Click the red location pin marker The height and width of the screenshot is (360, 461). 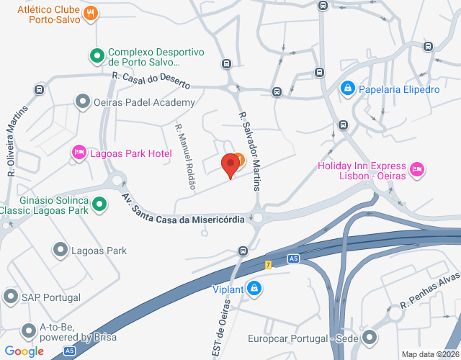230,166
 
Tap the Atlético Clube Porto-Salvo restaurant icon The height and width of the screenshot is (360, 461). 91,12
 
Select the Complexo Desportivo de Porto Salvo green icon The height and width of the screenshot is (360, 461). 96,55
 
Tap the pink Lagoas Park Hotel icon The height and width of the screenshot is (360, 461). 79,152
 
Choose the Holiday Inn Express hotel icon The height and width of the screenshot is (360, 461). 416,169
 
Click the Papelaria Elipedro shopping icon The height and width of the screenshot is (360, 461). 347,89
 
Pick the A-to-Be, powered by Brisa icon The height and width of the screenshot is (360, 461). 29,331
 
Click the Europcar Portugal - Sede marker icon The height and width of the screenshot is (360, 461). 370,337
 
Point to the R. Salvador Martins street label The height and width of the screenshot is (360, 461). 249,149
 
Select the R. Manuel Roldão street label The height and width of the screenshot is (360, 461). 185,156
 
